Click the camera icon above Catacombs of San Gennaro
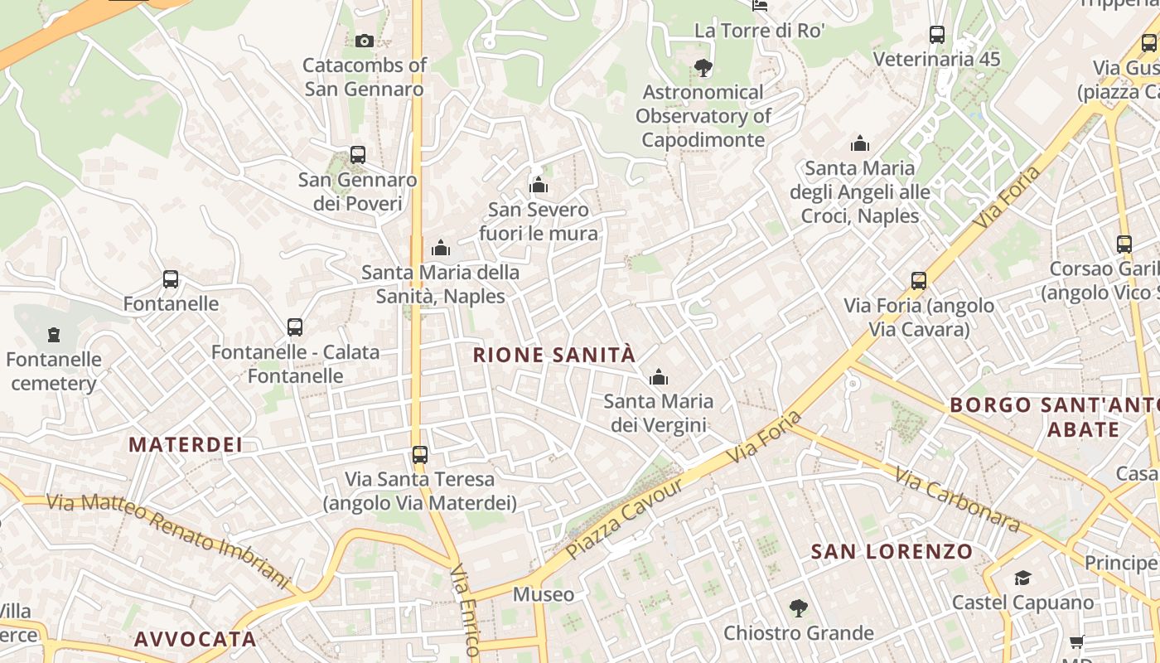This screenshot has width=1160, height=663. pyautogui.click(x=364, y=41)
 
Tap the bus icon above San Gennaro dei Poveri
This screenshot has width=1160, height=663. pyautogui.click(x=358, y=155)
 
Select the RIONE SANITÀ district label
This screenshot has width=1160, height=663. pyautogui.click(x=553, y=356)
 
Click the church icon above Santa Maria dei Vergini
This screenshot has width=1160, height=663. pyautogui.click(x=659, y=378)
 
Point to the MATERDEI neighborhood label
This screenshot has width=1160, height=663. pyautogui.click(x=186, y=445)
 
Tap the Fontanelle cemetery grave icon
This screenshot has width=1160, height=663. pyautogui.click(x=55, y=335)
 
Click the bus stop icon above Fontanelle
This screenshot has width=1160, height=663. pyautogui.click(x=171, y=279)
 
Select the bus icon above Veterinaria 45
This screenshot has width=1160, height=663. pyautogui.click(x=937, y=35)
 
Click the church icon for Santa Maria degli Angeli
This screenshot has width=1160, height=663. pyautogui.click(x=860, y=143)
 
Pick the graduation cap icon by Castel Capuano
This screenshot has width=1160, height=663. pyautogui.click(x=1023, y=578)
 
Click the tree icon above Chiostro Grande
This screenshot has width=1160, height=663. pyautogui.click(x=798, y=608)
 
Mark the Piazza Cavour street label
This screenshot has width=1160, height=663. pyautogui.click(x=625, y=518)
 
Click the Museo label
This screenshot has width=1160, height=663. pyautogui.click(x=544, y=594)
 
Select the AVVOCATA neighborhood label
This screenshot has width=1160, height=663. pyautogui.click(x=195, y=639)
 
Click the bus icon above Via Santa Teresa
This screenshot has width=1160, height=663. pyautogui.click(x=420, y=454)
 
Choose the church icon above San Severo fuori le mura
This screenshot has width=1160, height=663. pyautogui.click(x=539, y=185)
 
